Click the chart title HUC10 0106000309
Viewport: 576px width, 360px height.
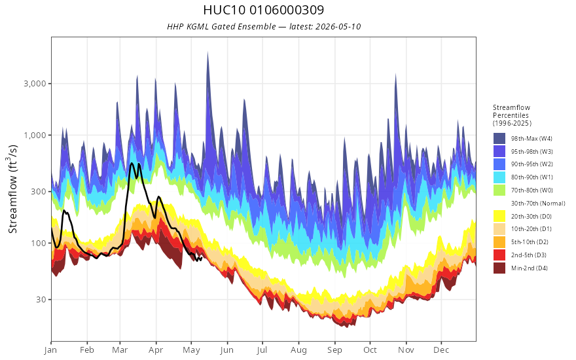point(263,10)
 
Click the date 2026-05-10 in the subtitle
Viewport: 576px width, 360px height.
point(338,27)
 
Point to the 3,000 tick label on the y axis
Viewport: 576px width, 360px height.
point(35,84)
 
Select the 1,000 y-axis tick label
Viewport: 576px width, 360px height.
point(35,135)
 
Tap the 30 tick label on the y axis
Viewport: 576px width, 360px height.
point(41,299)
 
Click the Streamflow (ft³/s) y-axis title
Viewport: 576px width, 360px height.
point(12,189)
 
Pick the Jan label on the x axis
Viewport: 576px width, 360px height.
point(50,350)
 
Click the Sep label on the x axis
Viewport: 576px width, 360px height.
point(334,350)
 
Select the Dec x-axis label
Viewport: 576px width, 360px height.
point(441,350)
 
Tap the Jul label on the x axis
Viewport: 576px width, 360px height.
point(262,350)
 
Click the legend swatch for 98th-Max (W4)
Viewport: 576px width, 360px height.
point(499,139)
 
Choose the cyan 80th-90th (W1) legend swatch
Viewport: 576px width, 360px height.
point(499,177)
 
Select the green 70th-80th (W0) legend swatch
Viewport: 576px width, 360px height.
point(499,190)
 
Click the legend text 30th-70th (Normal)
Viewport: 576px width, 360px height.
point(538,204)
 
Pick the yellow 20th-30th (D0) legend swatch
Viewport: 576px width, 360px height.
point(499,217)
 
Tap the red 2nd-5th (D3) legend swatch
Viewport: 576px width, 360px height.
point(499,255)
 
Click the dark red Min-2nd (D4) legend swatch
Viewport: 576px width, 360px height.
point(499,268)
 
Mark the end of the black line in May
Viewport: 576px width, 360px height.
point(202,257)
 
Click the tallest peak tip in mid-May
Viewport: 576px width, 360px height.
point(208,52)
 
